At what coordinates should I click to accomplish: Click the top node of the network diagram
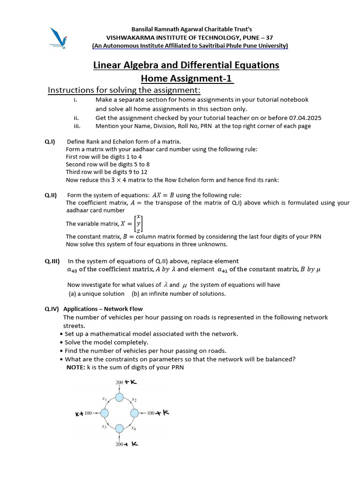click(120, 398)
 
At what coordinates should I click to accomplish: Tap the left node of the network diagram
click(104, 413)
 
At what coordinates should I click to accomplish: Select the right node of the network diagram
click(135, 413)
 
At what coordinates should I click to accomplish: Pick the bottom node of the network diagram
click(120, 428)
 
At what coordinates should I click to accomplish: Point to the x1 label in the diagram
click(105, 398)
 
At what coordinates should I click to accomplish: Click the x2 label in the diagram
click(134, 399)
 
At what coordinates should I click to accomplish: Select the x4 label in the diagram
click(134, 428)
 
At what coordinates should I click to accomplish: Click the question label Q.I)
click(50, 142)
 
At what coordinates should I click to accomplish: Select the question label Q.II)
click(51, 195)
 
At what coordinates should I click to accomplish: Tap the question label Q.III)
click(52, 261)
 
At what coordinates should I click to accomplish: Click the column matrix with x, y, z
click(138, 224)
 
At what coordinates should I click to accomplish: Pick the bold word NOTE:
click(76, 367)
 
